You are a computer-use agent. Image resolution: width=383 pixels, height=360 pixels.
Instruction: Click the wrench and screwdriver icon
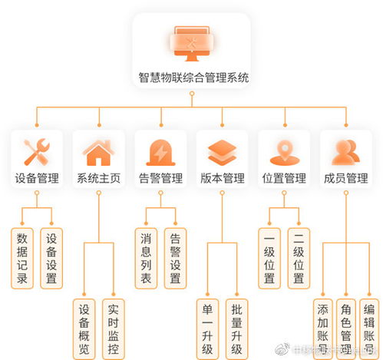tap(36, 152)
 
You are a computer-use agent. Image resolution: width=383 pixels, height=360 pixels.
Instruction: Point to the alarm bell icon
tap(160, 152)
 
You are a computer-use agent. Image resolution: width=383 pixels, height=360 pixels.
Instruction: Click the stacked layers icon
tap(222, 152)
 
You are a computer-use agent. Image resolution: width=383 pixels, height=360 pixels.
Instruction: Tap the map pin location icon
tap(284, 152)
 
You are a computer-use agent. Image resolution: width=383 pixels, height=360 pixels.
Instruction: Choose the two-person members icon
tap(346, 152)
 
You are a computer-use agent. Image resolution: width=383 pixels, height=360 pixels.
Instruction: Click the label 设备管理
tap(36, 179)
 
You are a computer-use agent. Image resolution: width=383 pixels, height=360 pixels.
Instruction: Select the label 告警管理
tap(160, 179)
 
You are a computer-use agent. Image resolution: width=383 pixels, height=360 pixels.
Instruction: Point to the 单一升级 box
tap(207, 329)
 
